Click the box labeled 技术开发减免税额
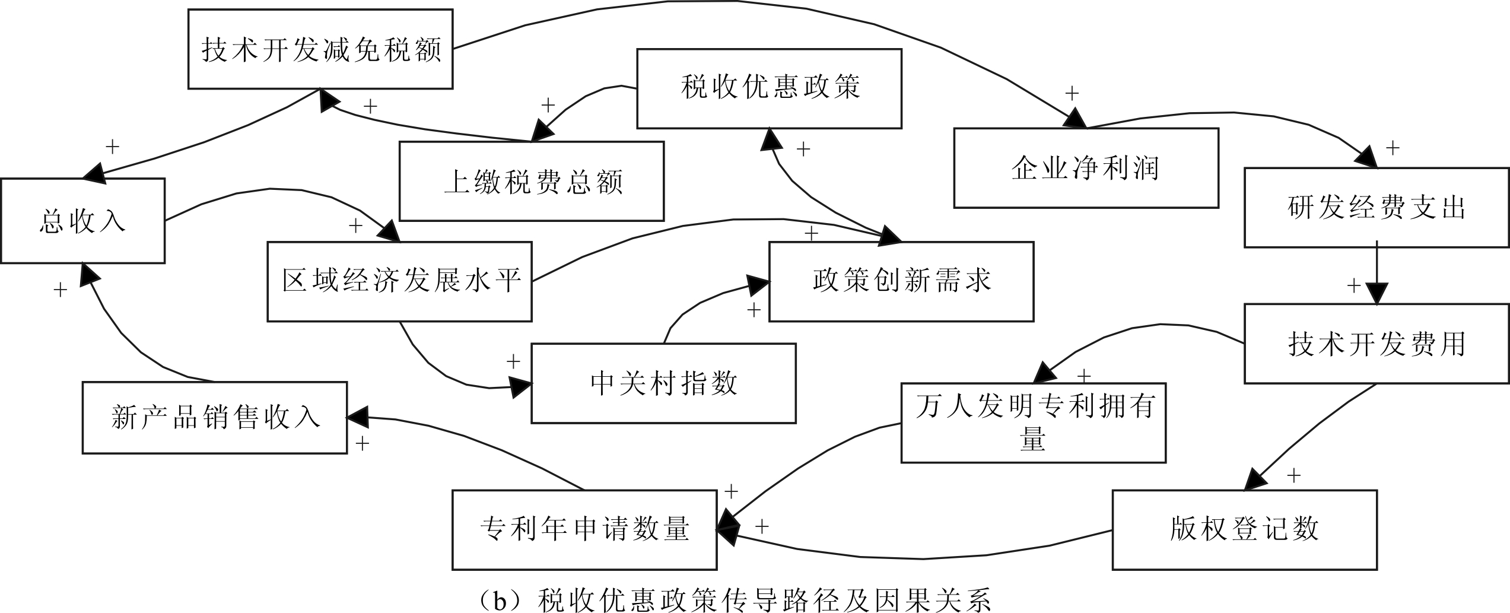tap(320, 49)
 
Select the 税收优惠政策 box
tap(769, 88)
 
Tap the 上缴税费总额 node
tap(531, 181)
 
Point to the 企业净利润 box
tap(1086, 168)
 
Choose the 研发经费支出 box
tap(1376, 208)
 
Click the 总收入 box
tap(82, 221)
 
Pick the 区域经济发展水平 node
tap(399, 281)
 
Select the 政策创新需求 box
tap(901, 281)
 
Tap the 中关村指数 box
tap(663, 383)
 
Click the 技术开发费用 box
tap(1376, 344)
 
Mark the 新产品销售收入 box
tap(214, 418)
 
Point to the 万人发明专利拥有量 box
tap(1033, 423)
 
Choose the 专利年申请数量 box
tap(584, 529)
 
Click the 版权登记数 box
tap(1244, 529)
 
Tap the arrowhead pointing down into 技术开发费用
tap(1377, 294)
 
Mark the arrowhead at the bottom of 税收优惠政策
tap(770, 139)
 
